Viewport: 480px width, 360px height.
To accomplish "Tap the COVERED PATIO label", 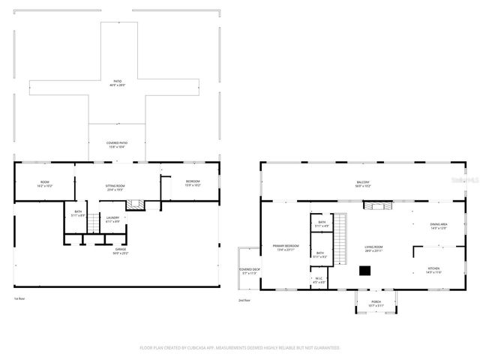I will pos(118,143).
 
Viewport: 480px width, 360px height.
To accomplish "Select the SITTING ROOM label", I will pos(115,187).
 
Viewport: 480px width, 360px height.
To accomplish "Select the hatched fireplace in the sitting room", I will pos(134,203).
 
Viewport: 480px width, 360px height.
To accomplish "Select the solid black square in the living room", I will pos(364,271).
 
